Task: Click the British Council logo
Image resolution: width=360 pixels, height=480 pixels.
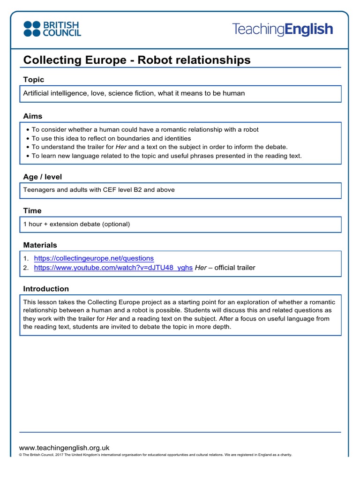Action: [x=52, y=29]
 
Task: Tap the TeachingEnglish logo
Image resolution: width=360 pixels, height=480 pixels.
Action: [x=283, y=30]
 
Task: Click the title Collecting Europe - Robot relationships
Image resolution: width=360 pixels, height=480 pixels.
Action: [x=137, y=60]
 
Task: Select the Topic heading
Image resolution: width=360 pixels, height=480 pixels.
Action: [x=34, y=80]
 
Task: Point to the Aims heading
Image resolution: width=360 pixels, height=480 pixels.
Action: [x=33, y=116]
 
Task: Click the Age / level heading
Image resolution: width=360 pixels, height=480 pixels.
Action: [x=43, y=177]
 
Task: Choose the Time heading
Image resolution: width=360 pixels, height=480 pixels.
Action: [x=32, y=211]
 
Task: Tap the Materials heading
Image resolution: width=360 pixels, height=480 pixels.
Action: [x=40, y=245]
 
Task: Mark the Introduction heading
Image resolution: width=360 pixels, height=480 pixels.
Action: [x=46, y=289]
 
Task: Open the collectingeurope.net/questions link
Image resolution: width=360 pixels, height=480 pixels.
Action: [x=94, y=258]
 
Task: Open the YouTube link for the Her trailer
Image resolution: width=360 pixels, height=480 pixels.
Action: [x=113, y=268]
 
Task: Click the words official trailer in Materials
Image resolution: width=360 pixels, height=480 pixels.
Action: [x=235, y=268]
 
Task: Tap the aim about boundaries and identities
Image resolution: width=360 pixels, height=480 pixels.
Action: [x=111, y=138]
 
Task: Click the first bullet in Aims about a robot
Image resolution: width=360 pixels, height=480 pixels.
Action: [x=145, y=129]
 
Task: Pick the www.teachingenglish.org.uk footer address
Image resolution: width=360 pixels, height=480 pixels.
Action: [x=64, y=448]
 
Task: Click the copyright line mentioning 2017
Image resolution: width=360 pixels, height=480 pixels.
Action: [x=155, y=455]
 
